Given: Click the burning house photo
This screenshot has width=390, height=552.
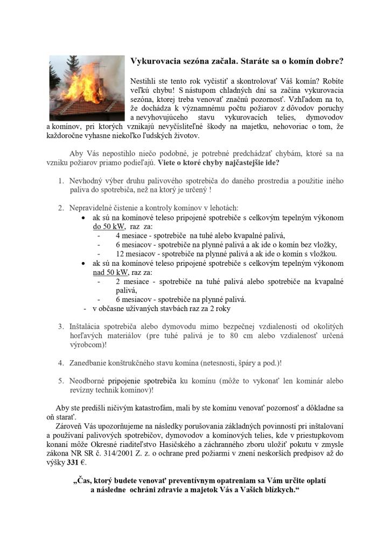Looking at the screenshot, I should point(86,87).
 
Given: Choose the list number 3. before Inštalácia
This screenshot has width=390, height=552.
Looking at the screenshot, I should point(62,327).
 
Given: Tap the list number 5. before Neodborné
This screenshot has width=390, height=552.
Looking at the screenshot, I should point(62,381).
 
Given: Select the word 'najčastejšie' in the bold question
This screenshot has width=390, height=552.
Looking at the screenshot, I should point(245,162).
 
